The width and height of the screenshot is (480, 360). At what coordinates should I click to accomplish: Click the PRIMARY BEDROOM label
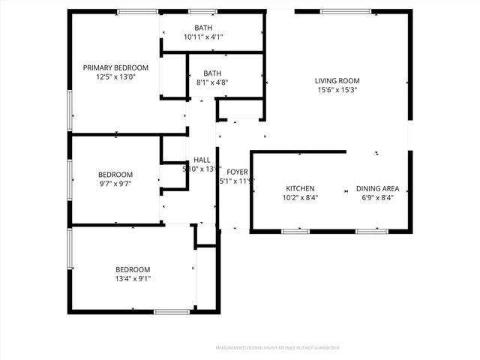(x=115, y=67)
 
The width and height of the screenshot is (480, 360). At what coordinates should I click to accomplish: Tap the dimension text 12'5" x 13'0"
(x=115, y=76)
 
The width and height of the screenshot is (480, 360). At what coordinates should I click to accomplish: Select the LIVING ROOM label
(x=337, y=81)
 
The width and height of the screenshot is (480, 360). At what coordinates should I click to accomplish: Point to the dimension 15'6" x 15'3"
(x=337, y=90)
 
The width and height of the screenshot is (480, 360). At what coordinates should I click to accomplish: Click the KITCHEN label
(x=300, y=188)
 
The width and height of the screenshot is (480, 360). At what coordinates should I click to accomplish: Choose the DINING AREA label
(x=377, y=188)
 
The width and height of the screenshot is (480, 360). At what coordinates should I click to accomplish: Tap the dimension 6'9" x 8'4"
(x=377, y=197)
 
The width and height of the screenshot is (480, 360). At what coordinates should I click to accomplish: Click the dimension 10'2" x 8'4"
(x=300, y=197)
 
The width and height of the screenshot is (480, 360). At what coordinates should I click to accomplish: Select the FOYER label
(x=237, y=171)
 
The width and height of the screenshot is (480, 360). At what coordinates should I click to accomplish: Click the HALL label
(x=202, y=160)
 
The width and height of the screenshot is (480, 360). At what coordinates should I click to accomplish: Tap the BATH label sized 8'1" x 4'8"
(x=212, y=73)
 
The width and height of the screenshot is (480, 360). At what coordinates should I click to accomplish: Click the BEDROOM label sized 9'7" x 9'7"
(x=115, y=174)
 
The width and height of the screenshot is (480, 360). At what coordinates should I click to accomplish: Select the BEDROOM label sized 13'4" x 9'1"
(x=133, y=269)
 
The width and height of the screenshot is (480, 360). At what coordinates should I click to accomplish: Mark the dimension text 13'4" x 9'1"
(x=133, y=278)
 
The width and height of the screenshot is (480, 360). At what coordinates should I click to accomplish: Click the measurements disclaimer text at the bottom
(x=277, y=348)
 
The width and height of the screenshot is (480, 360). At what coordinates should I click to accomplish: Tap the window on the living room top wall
(x=340, y=11)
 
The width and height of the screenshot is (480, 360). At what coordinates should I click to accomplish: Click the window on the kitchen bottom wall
(x=295, y=231)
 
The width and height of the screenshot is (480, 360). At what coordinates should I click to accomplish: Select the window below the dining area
(x=371, y=231)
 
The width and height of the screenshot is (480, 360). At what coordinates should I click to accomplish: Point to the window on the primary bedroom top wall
(x=137, y=11)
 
